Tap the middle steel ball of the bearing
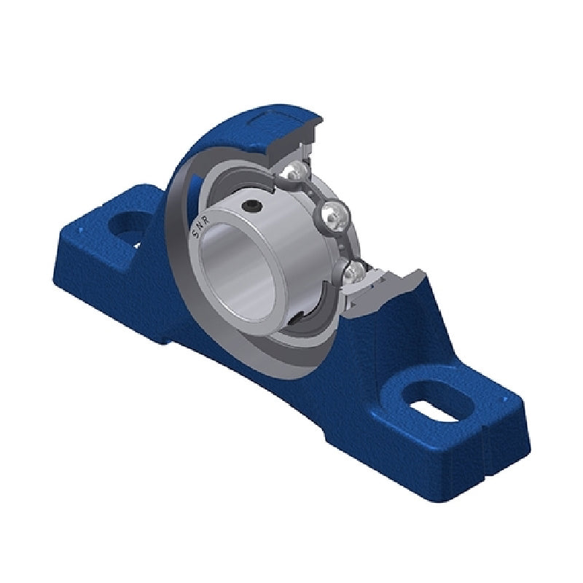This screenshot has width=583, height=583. click(333, 214)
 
